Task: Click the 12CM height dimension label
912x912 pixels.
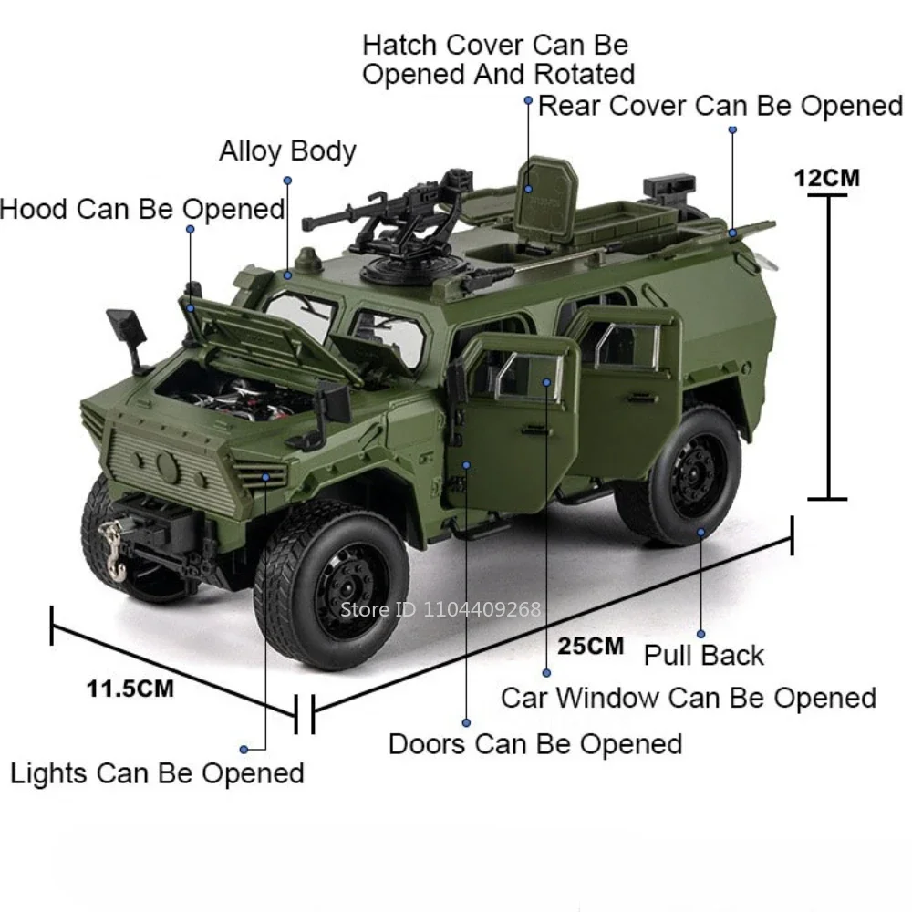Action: click(x=826, y=177)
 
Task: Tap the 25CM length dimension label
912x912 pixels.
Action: click(x=591, y=647)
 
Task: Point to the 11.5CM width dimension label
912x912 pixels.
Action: click(x=130, y=688)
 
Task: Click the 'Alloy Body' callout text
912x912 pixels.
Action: click(x=287, y=150)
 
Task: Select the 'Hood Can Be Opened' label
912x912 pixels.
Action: click(x=142, y=209)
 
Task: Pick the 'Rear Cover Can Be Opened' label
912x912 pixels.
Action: click(x=720, y=106)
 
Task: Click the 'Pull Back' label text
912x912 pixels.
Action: click(x=703, y=655)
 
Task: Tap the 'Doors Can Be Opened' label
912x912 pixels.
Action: click(x=534, y=743)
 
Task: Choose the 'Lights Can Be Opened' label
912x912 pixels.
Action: click(x=157, y=773)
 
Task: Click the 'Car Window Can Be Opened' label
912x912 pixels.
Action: click(x=688, y=699)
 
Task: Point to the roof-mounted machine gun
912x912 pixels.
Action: click(x=383, y=219)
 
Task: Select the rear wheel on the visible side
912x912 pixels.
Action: click(x=690, y=474)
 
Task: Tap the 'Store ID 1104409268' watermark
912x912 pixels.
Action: click(x=440, y=609)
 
